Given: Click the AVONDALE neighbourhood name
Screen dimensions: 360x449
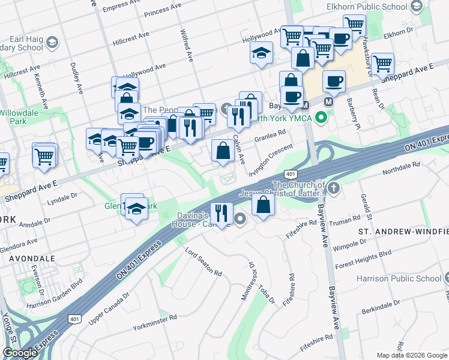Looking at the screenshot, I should point(32,259).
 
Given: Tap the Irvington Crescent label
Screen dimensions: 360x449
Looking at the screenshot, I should point(276,157).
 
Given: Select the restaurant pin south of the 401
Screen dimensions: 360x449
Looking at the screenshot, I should point(222,214).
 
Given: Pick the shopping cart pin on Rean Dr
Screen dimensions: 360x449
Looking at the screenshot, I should point(382,63).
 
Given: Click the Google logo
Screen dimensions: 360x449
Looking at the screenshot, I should point(20,353).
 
